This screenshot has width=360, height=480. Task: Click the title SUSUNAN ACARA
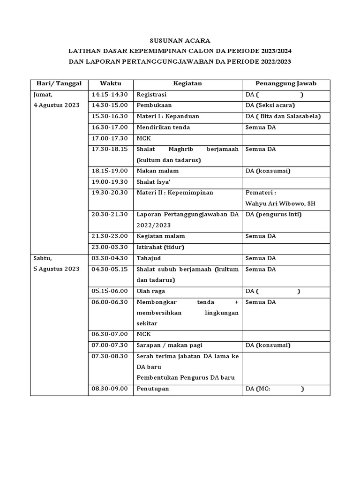180,40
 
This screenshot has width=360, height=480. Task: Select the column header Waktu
111,84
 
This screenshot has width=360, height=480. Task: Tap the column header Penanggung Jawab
285,84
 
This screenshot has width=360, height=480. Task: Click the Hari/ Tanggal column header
59,84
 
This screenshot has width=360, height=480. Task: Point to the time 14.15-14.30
110,95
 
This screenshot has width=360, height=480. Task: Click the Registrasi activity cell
151,95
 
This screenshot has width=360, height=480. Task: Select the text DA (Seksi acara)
270,105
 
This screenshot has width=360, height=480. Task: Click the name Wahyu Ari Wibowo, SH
280,204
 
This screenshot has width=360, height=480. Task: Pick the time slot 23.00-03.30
110,247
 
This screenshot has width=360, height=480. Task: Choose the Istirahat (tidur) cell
160,247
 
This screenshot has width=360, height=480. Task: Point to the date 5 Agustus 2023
56,269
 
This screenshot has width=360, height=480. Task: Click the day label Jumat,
43,95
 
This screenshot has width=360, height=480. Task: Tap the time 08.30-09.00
110,389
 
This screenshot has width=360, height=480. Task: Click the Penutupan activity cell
153,389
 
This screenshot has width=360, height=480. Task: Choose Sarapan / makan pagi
169,345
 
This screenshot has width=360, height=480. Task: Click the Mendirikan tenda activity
163,127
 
